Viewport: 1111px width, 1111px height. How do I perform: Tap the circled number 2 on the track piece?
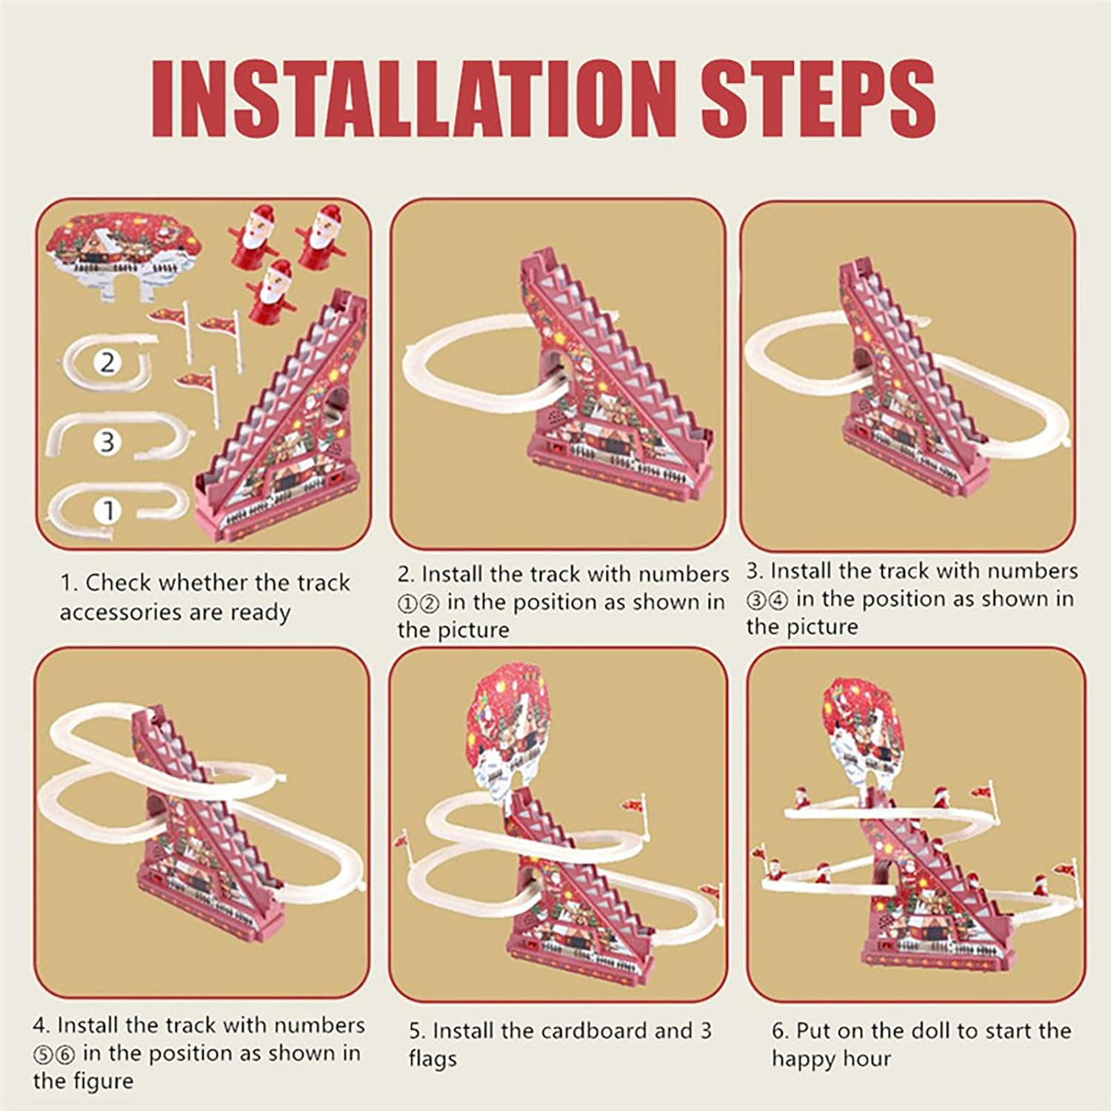[x=108, y=363]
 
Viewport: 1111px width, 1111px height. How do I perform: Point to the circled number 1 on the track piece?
[x=108, y=510]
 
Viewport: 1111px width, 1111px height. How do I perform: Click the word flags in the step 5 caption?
[x=433, y=1059]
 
